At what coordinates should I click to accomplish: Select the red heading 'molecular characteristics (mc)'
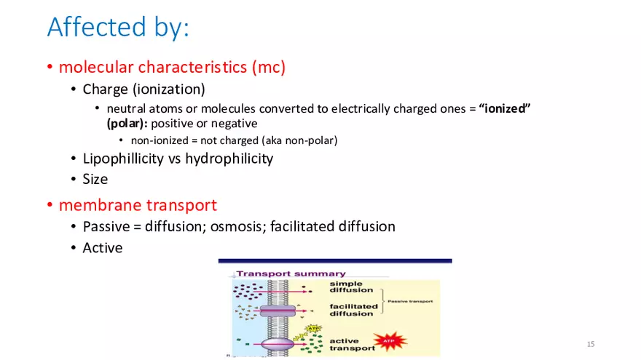click(172, 68)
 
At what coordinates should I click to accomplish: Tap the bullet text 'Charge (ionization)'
click(143, 89)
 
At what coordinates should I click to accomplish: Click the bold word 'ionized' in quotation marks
click(505, 108)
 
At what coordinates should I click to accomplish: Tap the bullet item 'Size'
click(95, 179)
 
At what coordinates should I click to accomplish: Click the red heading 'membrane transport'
click(138, 205)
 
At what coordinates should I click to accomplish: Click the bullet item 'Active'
click(103, 248)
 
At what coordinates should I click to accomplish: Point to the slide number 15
click(591, 343)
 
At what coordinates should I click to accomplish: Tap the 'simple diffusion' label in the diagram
click(351, 287)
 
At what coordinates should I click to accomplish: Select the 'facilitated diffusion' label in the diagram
click(353, 311)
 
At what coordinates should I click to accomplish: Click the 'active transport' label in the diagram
click(353, 344)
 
